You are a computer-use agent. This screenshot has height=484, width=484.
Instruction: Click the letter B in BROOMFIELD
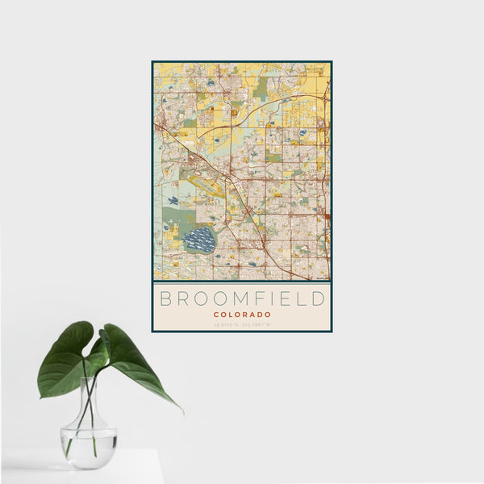165,298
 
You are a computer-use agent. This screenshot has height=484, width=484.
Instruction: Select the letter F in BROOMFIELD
251,298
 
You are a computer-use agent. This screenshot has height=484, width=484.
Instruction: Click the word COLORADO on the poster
242,314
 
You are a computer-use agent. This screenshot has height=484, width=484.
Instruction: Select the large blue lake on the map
199,240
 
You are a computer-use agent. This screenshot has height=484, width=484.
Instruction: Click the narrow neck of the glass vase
89,395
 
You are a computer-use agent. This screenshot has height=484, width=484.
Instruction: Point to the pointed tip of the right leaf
181,410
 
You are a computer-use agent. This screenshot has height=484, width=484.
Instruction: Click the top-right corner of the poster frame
331,61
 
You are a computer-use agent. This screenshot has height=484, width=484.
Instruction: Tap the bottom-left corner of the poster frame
152,332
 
